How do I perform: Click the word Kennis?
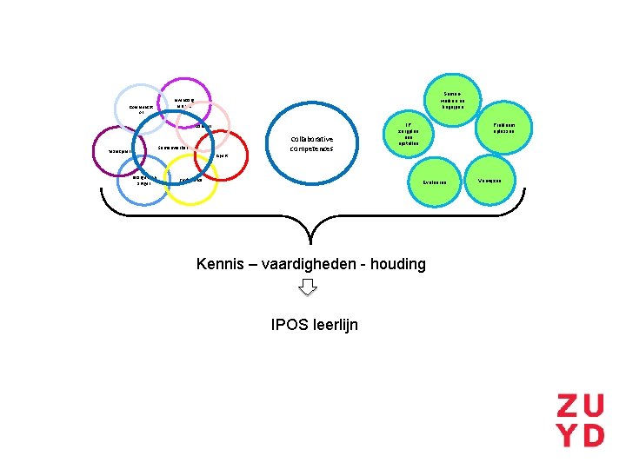click(219, 263)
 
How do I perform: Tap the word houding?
click(396, 263)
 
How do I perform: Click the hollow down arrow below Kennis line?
click(308, 287)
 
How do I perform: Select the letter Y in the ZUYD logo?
click(570, 434)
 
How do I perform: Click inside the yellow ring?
click(192, 181)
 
